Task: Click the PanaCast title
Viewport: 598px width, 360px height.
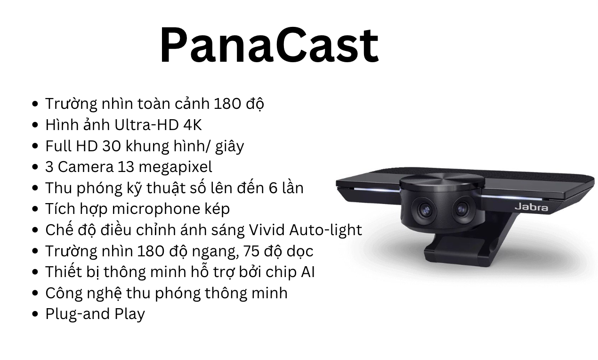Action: click(269, 45)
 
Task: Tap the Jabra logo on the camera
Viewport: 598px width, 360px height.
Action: click(531, 207)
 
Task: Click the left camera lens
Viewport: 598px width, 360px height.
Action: click(424, 210)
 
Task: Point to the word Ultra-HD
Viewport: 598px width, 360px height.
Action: click(146, 125)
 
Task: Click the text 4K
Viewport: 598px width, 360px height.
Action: click(193, 125)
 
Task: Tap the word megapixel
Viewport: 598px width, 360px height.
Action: click(175, 167)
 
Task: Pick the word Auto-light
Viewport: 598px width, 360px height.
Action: click(325, 230)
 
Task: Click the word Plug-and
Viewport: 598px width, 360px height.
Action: click(77, 314)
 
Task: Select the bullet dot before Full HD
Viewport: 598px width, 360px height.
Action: click(35, 146)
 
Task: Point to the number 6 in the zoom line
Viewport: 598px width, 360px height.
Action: click(273, 188)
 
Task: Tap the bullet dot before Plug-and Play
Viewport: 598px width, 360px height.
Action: click(35, 314)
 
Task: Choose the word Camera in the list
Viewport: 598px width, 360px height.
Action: click(86, 167)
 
